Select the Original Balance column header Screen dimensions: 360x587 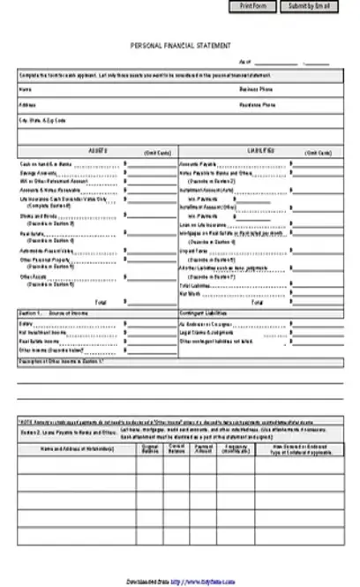tap(150, 450)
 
